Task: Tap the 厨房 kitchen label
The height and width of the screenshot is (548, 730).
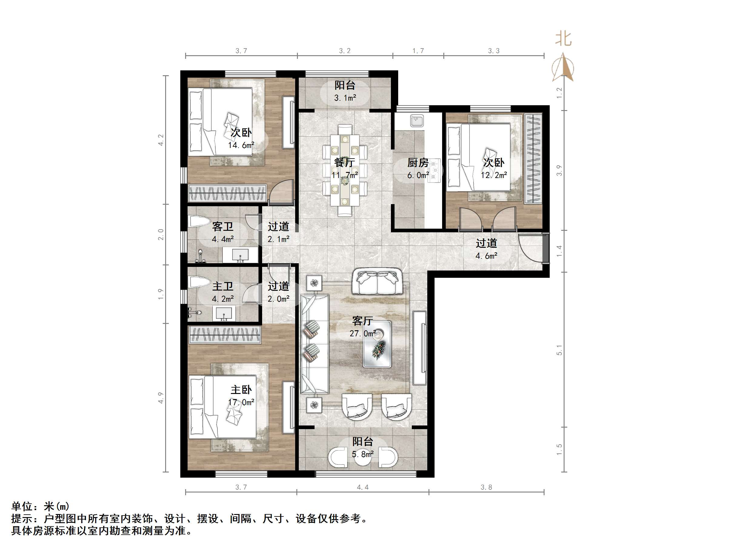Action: click(x=418, y=163)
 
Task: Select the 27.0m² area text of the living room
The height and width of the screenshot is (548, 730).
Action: click(x=363, y=334)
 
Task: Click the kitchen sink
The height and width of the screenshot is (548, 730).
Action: click(x=417, y=121)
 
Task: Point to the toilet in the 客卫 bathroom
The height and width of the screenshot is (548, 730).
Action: click(x=199, y=221)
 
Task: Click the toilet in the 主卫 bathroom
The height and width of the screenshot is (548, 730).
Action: click(x=199, y=282)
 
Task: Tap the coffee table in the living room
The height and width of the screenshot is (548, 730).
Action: click(x=377, y=344)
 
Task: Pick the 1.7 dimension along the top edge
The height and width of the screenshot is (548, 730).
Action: click(x=418, y=51)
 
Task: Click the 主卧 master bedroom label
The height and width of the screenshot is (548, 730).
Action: click(x=241, y=390)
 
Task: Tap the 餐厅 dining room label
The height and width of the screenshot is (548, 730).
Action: click(x=345, y=163)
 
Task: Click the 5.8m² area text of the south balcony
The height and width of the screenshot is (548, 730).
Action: click(x=362, y=454)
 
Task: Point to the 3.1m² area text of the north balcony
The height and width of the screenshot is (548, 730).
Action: click(x=345, y=98)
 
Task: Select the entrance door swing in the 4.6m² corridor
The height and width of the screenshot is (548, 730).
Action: click(x=530, y=248)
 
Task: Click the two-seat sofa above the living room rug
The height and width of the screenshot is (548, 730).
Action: click(x=378, y=281)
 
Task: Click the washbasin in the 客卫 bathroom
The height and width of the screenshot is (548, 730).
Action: click(x=240, y=255)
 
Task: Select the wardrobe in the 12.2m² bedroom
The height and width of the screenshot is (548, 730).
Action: click(x=533, y=159)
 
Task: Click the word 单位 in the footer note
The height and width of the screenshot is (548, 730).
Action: click(x=22, y=506)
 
